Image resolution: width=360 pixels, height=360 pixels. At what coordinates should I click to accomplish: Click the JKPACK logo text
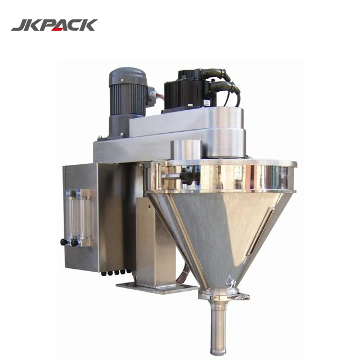tap(54, 25)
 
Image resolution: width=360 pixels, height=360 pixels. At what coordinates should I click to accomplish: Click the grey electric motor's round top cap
tap(128, 74)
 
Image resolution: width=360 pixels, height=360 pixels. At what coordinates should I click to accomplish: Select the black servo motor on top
tap(186, 90)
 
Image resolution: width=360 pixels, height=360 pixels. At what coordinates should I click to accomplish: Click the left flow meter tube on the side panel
tap(71, 214)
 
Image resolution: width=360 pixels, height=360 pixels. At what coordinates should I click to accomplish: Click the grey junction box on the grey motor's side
tap(150, 96)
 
